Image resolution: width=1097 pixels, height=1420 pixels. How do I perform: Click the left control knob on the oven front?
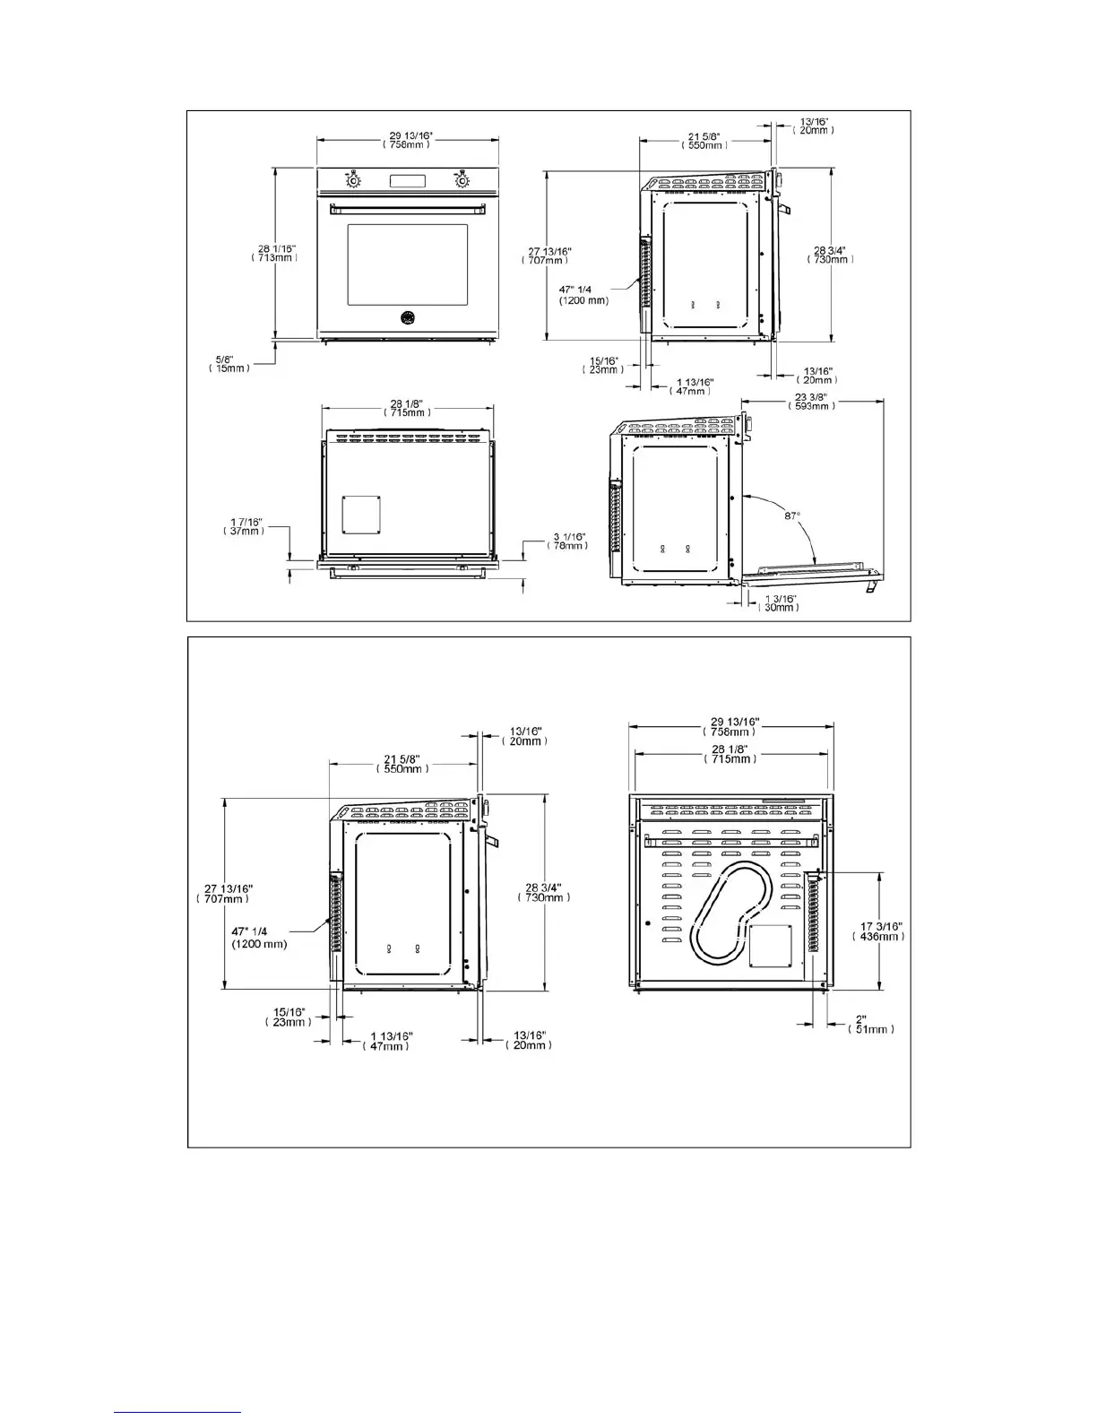coord(354,181)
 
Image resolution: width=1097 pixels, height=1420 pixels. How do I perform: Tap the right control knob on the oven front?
coord(462,181)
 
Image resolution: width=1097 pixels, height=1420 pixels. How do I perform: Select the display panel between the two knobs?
coord(407,181)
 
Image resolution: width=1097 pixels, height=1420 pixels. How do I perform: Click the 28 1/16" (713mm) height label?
coord(274,253)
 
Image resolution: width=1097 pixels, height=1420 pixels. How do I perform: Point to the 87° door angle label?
coord(791,516)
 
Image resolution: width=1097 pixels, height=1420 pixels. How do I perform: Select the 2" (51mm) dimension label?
coord(870,1024)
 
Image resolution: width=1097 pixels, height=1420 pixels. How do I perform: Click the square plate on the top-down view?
coord(360,514)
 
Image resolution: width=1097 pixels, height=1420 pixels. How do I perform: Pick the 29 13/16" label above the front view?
coord(407,140)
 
